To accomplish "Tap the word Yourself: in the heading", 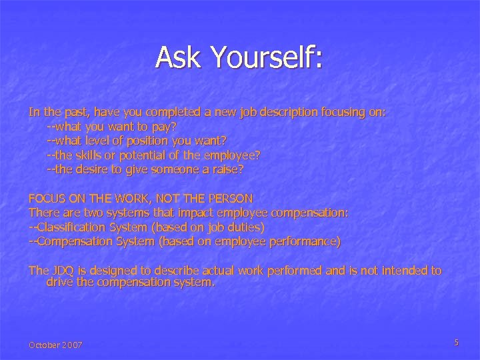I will [x=267, y=57].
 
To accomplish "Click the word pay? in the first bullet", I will [x=165, y=126].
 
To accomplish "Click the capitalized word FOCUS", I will [x=45, y=198].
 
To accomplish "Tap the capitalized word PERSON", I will [x=231, y=198].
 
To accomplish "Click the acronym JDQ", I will [x=61, y=270].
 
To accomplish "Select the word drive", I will [x=59, y=283].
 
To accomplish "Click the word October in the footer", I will [x=44, y=345].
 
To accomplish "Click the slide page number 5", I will [x=456, y=343].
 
